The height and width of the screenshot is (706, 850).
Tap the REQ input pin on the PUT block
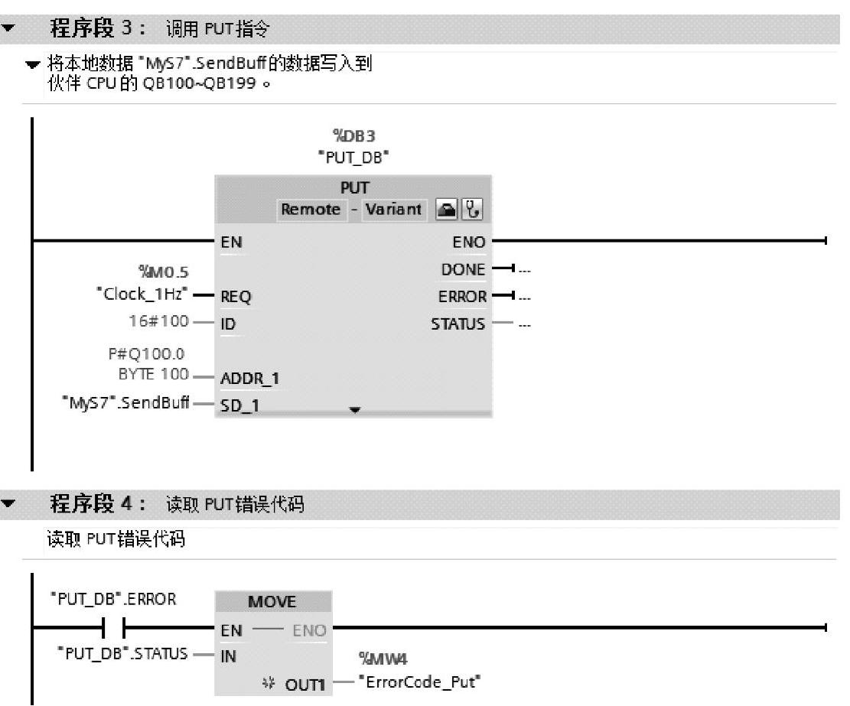point(236,297)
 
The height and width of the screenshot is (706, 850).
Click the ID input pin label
point(228,324)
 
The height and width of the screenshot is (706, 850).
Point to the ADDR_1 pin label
point(246,379)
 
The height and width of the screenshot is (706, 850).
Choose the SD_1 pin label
point(240,405)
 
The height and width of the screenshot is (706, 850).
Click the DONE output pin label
point(464,269)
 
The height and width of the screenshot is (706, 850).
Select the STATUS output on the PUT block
point(458,324)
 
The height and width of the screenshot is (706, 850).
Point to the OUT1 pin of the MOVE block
point(306,682)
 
